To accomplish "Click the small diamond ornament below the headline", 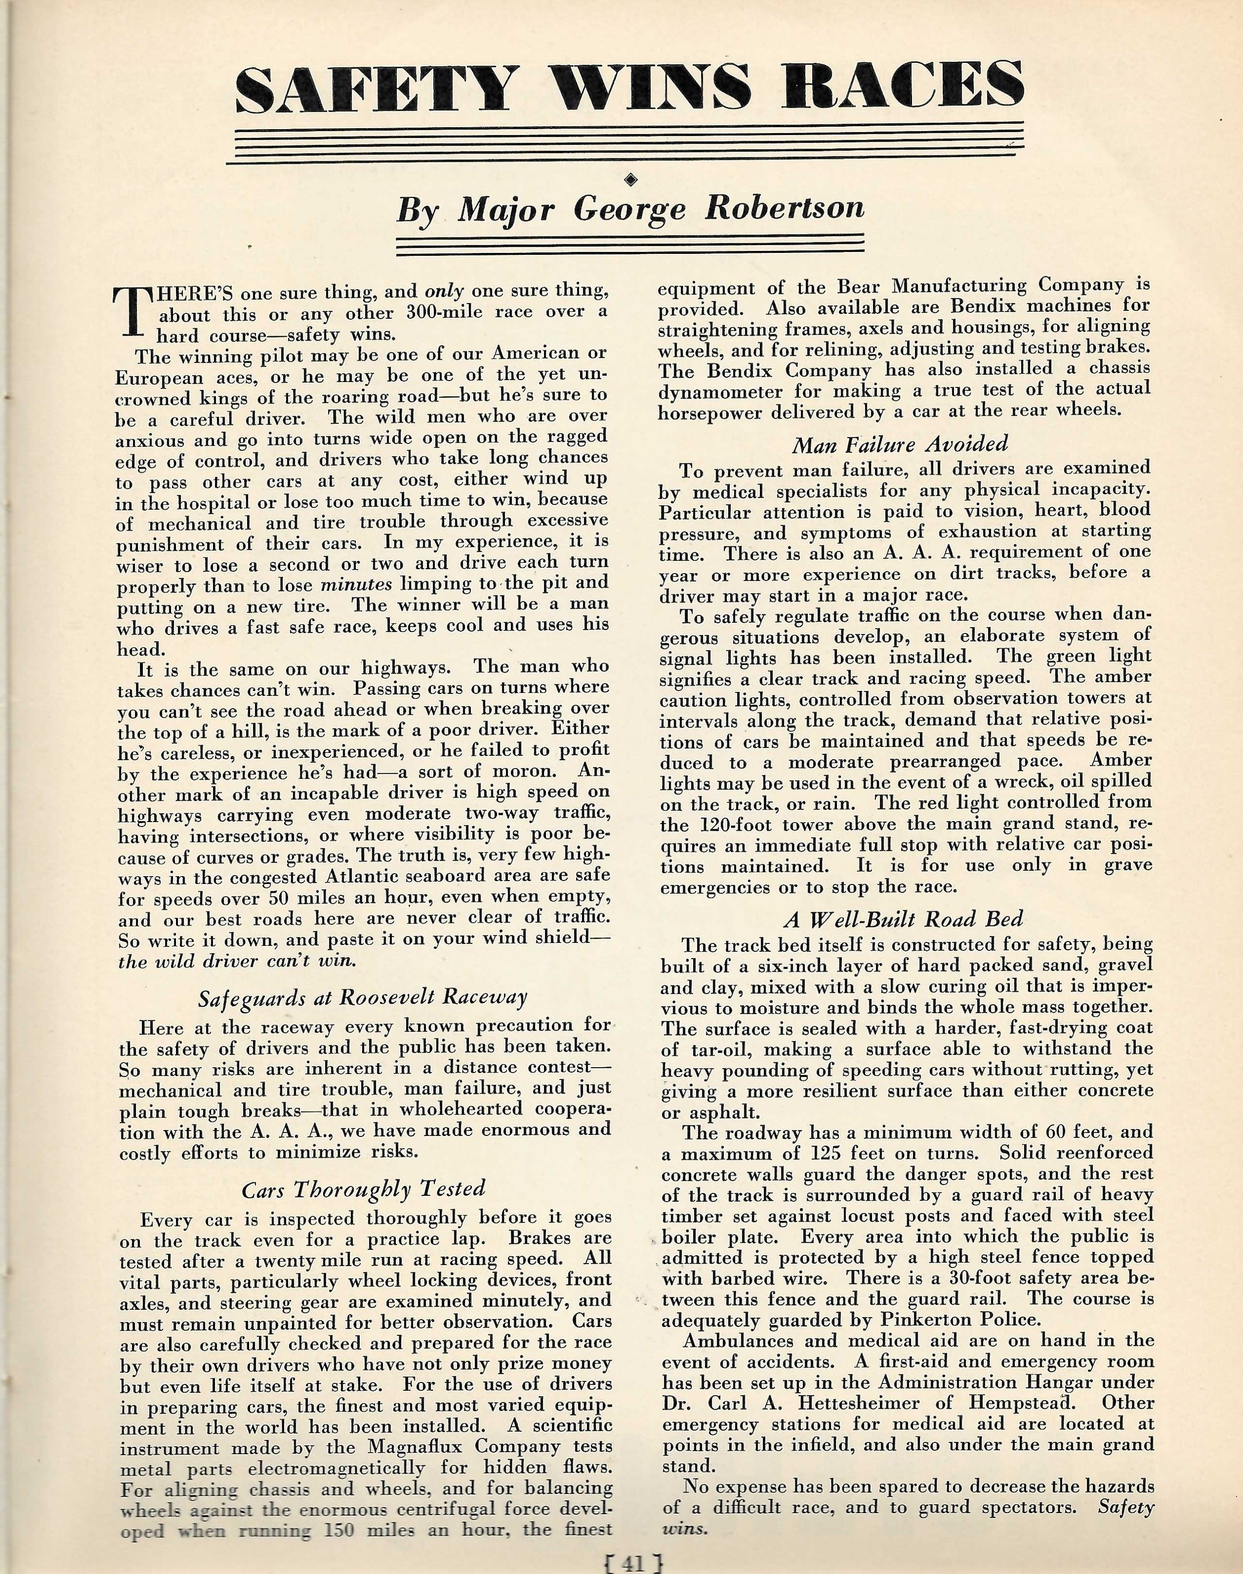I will (x=630, y=177).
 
